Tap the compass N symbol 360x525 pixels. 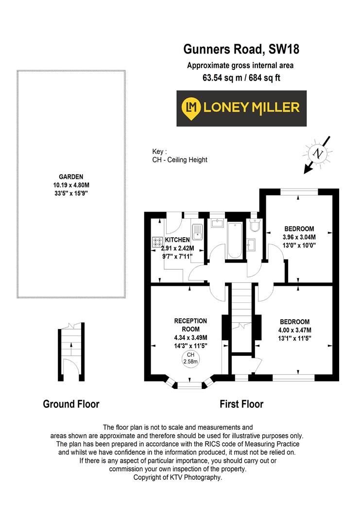(319, 154)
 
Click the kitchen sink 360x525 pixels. (197, 232)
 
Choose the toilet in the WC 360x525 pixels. (255, 226)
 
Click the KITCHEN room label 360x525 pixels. (177, 240)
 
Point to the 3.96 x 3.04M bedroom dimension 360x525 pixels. (299, 237)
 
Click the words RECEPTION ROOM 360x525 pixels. (191, 325)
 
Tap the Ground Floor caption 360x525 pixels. (71, 404)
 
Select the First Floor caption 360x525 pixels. (241, 404)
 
